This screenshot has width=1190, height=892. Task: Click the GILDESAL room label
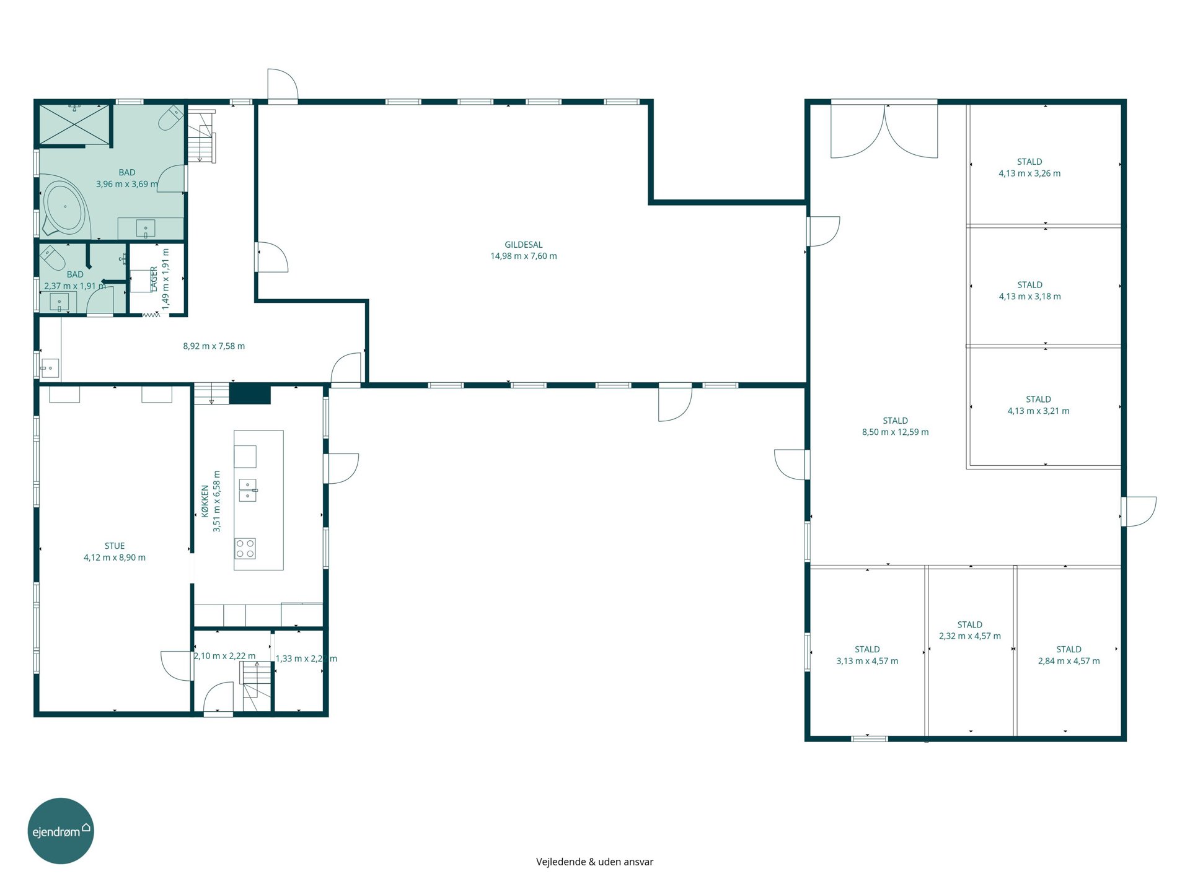pos(524,245)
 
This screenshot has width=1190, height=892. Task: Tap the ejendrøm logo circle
pos(61,831)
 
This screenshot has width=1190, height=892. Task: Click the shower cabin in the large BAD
pos(74,124)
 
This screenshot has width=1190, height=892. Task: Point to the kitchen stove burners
pos(245,549)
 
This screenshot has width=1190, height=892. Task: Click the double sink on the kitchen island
pos(248,490)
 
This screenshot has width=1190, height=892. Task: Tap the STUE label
pos(115,546)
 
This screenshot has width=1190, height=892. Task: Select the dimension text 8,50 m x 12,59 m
pos(895,432)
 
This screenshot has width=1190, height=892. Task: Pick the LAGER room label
pos(154,279)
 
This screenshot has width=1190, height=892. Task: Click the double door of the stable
pos(884,131)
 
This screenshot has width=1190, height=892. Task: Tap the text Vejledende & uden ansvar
pos(594,862)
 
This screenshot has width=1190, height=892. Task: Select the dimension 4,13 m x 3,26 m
pos(1029,173)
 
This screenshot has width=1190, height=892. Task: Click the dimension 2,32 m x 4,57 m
pos(970,636)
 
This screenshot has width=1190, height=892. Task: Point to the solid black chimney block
pos(250,394)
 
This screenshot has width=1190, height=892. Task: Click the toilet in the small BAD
pos(52,258)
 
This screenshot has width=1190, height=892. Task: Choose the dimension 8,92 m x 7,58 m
pos(214,346)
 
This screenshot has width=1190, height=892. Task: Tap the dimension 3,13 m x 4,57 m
pos(867,661)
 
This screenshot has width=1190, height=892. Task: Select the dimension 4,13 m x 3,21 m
pos(1038,411)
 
